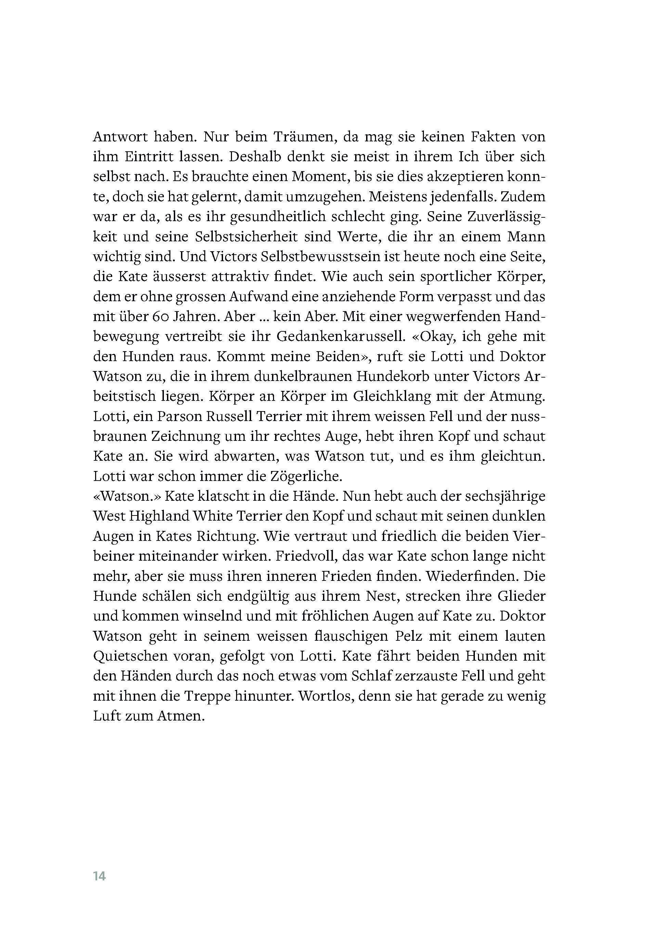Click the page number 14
(99, 877)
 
